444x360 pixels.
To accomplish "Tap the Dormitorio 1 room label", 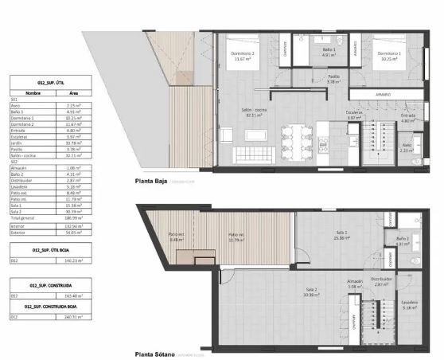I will (389, 54).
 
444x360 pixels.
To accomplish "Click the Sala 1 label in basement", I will (344, 235).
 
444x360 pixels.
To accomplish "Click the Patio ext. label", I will (177, 237).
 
